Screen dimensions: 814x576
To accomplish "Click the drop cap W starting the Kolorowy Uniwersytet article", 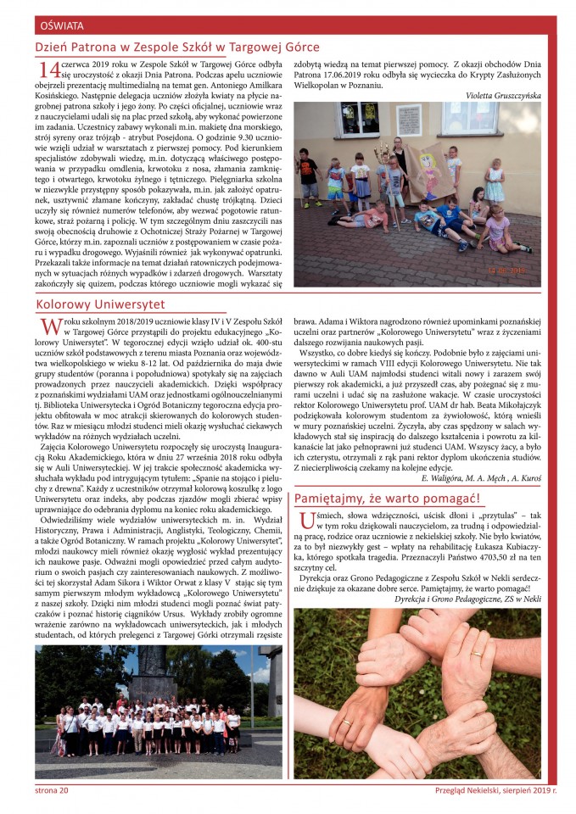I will (45, 328).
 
